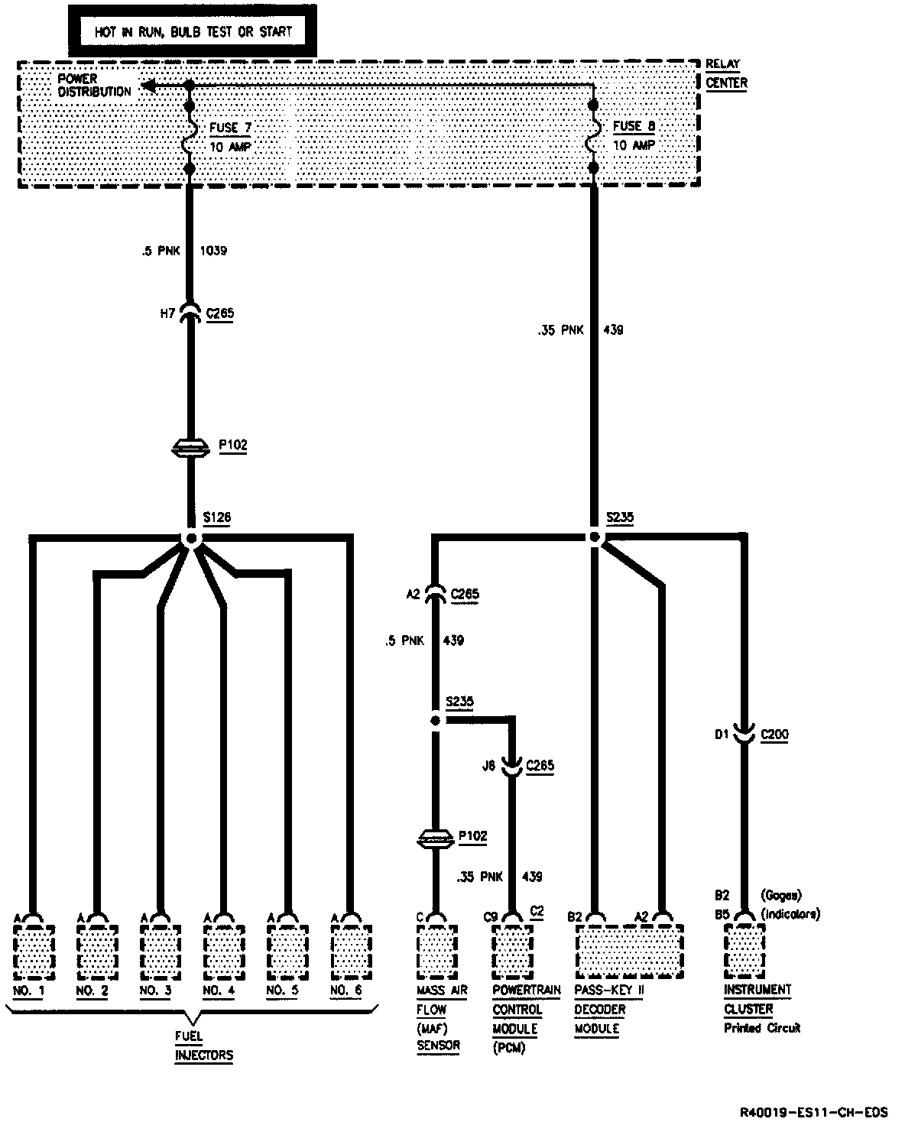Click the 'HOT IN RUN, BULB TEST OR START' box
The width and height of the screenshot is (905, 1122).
tap(192, 32)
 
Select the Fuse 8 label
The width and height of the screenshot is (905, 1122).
tap(634, 126)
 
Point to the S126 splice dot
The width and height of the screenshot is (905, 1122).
tap(191, 539)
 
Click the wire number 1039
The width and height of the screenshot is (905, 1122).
tap(213, 250)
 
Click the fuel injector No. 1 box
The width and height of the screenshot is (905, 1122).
tap(34, 951)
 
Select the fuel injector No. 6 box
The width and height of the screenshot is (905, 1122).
tap(351, 951)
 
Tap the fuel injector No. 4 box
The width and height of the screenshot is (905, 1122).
tap(224, 951)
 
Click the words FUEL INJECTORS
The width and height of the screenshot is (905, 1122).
tap(203, 1046)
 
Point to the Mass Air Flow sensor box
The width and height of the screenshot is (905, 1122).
tap(437, 951)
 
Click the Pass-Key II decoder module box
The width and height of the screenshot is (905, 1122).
tap(628, 951)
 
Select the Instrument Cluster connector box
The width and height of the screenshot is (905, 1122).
tap(744, 951)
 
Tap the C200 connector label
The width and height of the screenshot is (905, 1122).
tap(774, 734)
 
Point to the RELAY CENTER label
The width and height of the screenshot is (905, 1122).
tap(725, 73)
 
